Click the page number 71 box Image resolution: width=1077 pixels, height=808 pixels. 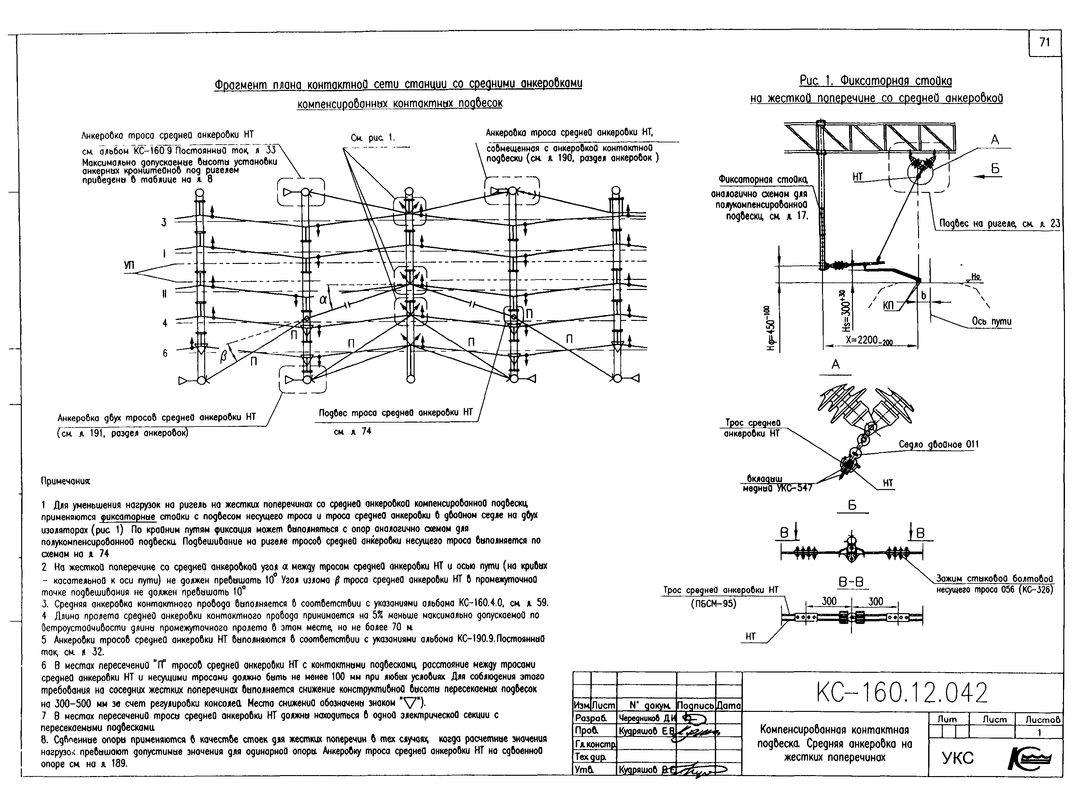(1044, 43)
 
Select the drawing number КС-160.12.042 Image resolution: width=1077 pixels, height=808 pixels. (902, 693)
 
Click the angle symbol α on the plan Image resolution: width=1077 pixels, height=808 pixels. (324, 299)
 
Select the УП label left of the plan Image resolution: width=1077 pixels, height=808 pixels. (129, 266)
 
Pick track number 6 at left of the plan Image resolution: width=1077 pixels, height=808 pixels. (165, 353)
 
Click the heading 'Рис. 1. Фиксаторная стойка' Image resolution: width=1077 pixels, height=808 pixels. (876, 80)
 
